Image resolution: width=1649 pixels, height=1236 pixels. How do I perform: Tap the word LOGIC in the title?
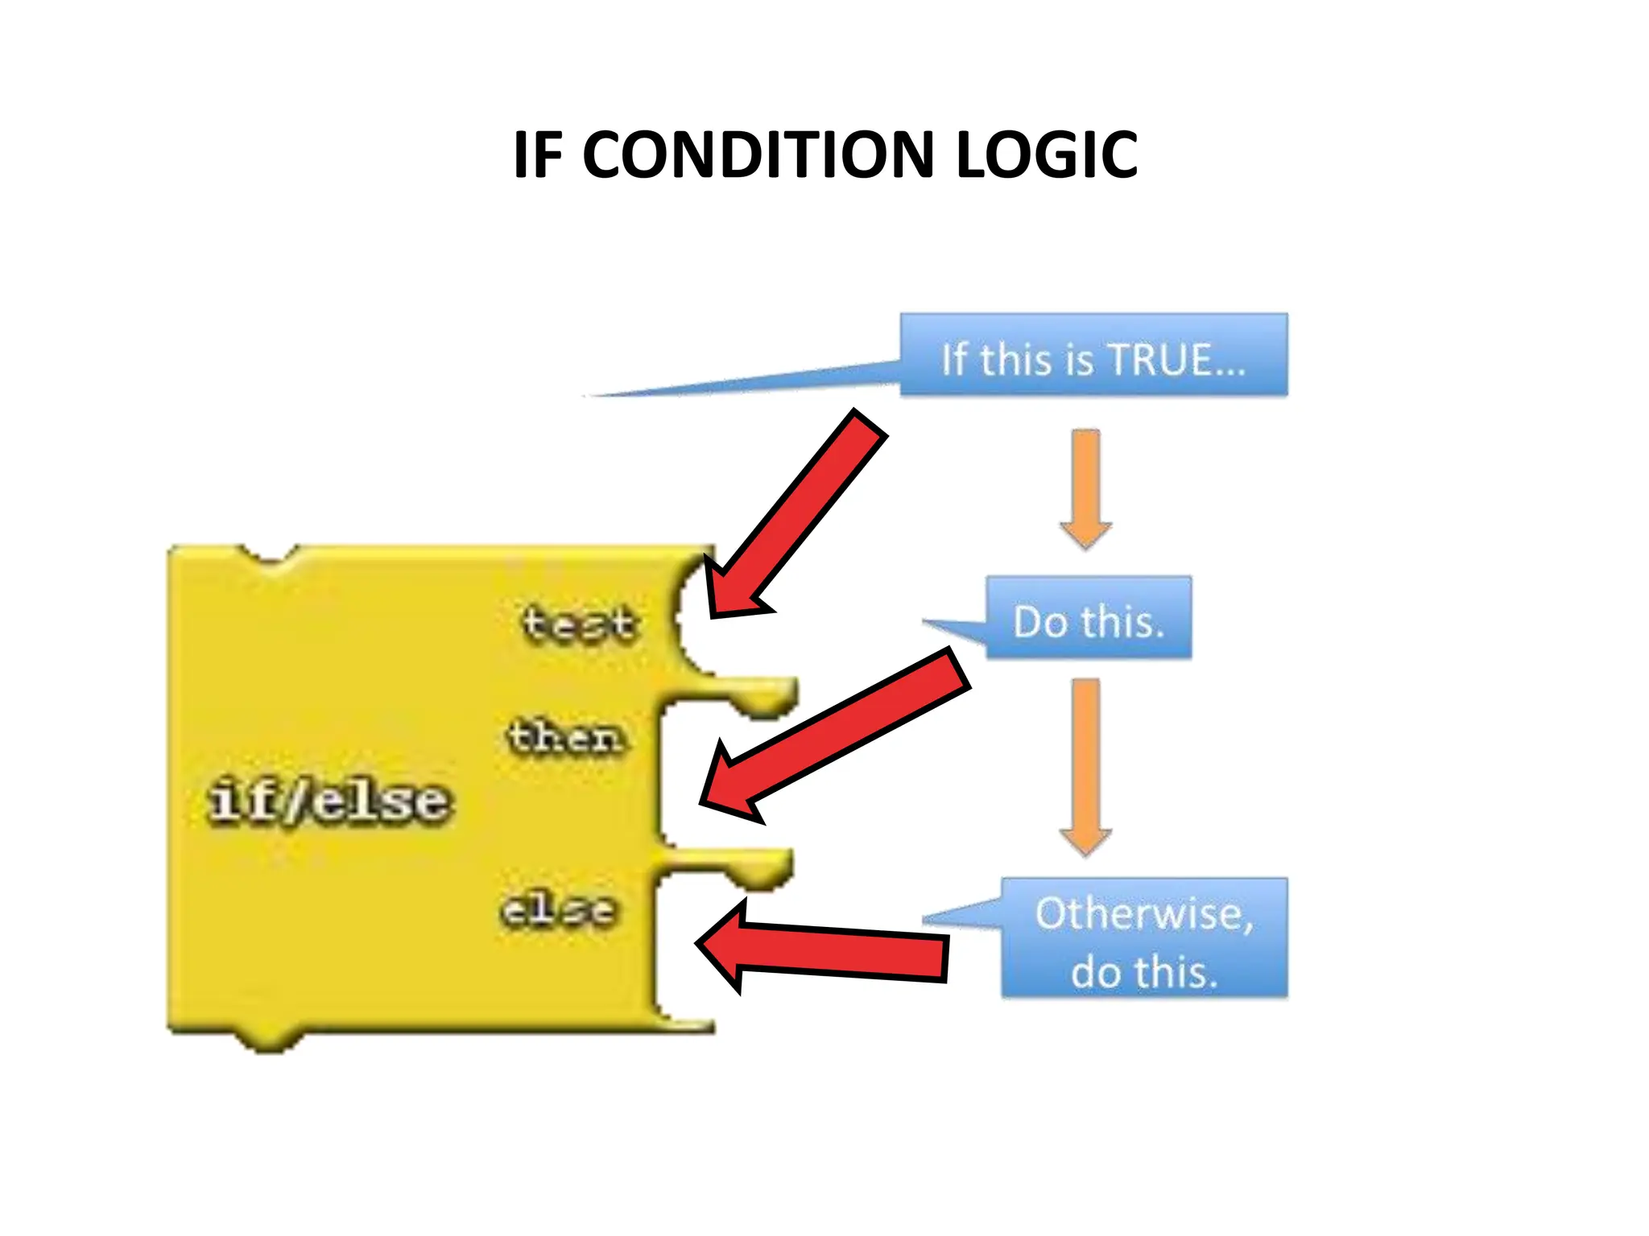pos(1046,154)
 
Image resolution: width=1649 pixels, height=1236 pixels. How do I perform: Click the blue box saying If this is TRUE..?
pos(1093,355)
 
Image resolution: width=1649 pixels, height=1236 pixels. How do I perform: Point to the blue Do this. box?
pos(1088,618)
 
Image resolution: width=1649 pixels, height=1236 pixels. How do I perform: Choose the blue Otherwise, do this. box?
pos(1143,938)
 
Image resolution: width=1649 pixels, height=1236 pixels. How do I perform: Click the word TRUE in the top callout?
pos(1160,359)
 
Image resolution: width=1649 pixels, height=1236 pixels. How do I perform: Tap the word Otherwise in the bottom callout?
pos(1143,913)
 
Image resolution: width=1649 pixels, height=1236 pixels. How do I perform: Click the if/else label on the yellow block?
pos(330,801)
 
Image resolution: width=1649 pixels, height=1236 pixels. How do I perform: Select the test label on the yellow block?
pos(580,624)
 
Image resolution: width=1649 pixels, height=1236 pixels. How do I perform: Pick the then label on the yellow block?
pos(566,737)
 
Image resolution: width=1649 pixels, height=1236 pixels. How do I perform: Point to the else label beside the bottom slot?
pos(559,910)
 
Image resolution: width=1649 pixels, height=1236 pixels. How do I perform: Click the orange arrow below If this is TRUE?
pos(1085,488)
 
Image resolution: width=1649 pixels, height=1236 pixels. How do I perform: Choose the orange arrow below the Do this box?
pos(1085,765)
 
